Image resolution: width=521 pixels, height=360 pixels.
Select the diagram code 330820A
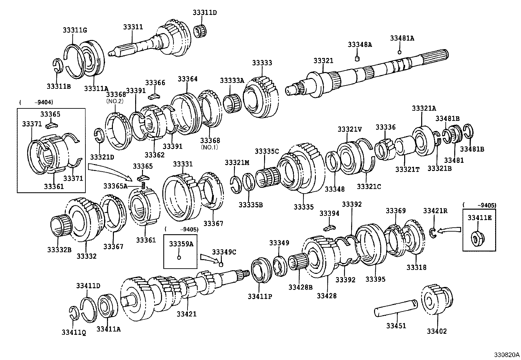[x=506, y=355]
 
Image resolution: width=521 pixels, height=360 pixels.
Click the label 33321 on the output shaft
[x=323, y=61]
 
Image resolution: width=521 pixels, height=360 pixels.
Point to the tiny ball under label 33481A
[x=399, y=52]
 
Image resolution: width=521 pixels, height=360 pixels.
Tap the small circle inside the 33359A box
[x=179, y=257]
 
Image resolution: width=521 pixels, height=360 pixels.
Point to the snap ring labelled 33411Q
[x=74, y=313]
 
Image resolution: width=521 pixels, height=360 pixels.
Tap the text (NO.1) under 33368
[x=209, y=147]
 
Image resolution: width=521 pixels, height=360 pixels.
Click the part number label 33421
[x=187, y=314]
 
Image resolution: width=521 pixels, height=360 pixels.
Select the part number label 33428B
[x=300, y=287]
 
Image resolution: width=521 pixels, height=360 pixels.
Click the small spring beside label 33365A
[x=143, y=185]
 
